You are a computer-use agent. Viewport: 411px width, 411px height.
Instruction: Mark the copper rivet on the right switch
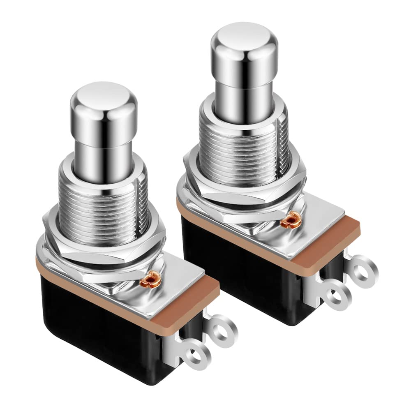point(291,221)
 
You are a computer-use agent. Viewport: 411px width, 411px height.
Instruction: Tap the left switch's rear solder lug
point(224,329)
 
